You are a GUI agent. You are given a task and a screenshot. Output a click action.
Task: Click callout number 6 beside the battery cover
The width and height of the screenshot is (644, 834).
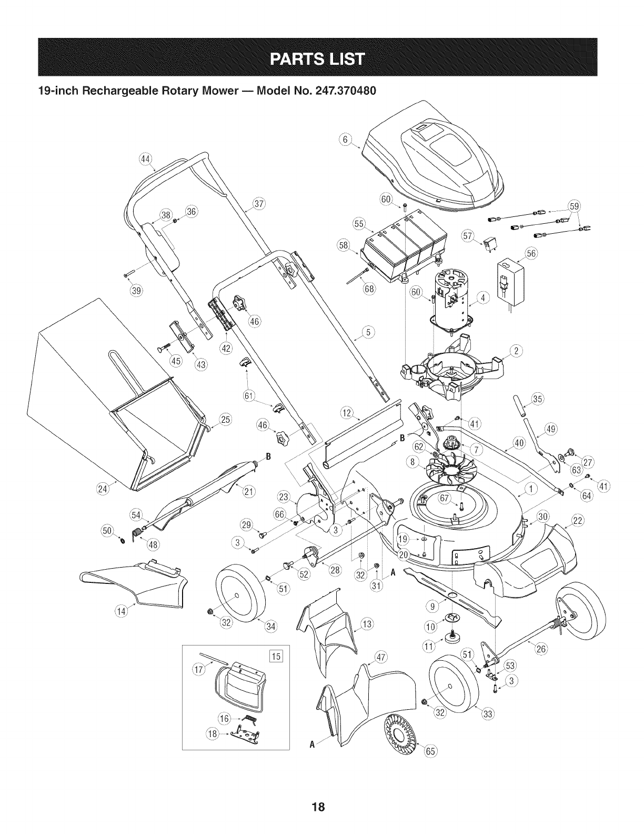coord(345,140)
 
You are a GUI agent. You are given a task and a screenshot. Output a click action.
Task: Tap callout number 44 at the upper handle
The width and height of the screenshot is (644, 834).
coord(145,159)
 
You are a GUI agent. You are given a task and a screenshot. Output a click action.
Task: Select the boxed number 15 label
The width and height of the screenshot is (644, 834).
coord(276,656)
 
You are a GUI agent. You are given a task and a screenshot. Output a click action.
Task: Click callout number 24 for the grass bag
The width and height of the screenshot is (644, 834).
coord(102,489)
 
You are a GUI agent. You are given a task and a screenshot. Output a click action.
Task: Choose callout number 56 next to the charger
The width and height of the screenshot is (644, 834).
coord(531,253)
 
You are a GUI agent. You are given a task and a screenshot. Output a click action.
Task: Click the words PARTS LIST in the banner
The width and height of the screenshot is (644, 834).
coord(318,59)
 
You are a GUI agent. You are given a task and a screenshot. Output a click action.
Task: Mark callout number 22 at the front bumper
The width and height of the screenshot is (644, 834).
coord(578,521)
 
